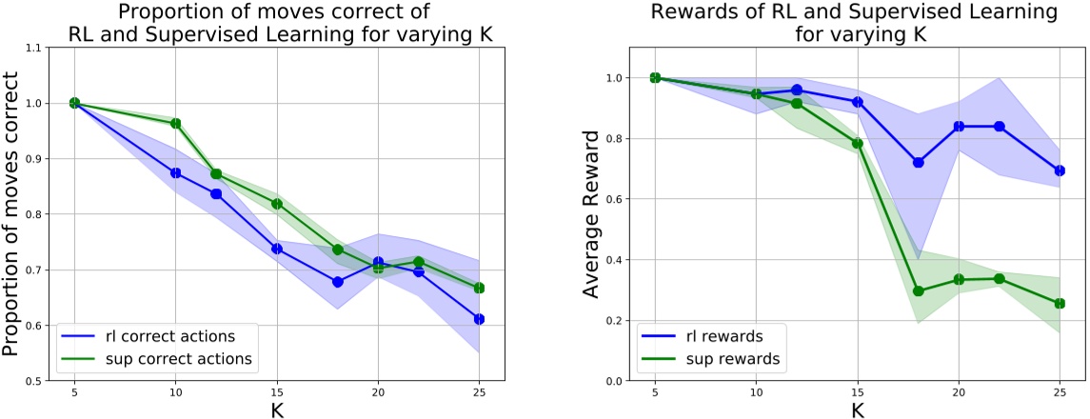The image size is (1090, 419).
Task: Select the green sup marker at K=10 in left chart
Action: (x=175, y=123)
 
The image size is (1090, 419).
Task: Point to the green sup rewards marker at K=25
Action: (x=1059, y=303)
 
